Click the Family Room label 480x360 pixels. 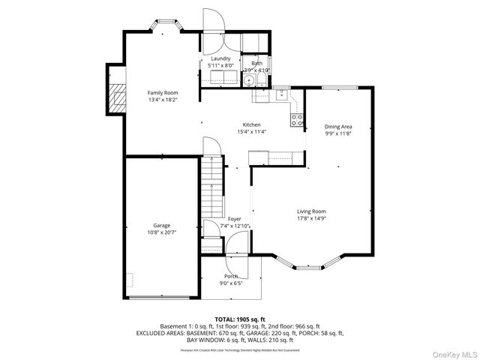click(162, 92)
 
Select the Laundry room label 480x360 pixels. click(220, 58)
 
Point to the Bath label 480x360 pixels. click(256, 63)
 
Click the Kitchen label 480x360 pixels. click(251, 124)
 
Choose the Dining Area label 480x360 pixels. click(338, 127)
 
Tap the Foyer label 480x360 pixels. click(235, 218)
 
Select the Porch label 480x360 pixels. click(232, 276)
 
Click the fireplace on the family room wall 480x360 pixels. click(117, 96)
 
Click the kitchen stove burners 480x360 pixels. click(296, 118)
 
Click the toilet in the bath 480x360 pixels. click(260, 82)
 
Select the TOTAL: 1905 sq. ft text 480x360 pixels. click(239, 319)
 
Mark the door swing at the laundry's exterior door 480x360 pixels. click(213, 22)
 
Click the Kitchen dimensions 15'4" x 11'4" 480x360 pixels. click(251, 132)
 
